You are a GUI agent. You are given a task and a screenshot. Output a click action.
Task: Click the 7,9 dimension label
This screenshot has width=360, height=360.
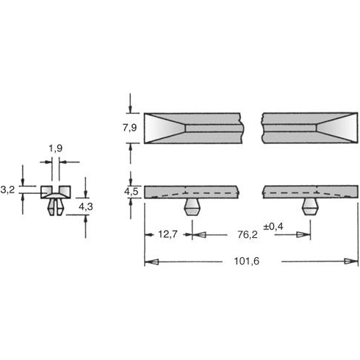pos(130,129)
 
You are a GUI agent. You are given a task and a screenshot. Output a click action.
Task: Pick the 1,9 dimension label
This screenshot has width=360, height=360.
pos(55,150)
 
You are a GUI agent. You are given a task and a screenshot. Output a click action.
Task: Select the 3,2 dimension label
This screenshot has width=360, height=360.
pos(8,190)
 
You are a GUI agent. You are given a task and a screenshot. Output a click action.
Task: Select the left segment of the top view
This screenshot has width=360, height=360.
pos(192,128)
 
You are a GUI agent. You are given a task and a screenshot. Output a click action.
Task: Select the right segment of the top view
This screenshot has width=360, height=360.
pos(306,128)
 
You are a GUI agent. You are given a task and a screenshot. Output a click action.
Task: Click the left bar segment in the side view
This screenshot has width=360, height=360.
pos(192,192)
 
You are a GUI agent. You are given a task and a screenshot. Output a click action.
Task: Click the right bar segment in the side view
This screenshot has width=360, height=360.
pos(306,192)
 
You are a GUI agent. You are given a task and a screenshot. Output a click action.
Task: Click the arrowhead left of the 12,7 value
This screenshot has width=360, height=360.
pos(149,235)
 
